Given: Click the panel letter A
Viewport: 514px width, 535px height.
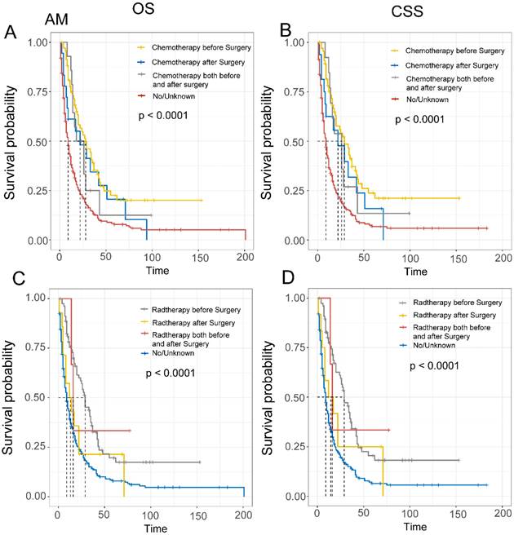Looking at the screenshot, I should pos(11,33).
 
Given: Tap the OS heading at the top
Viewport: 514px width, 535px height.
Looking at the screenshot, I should pos(140,9).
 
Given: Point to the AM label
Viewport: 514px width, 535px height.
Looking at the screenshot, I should pos(33,18).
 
